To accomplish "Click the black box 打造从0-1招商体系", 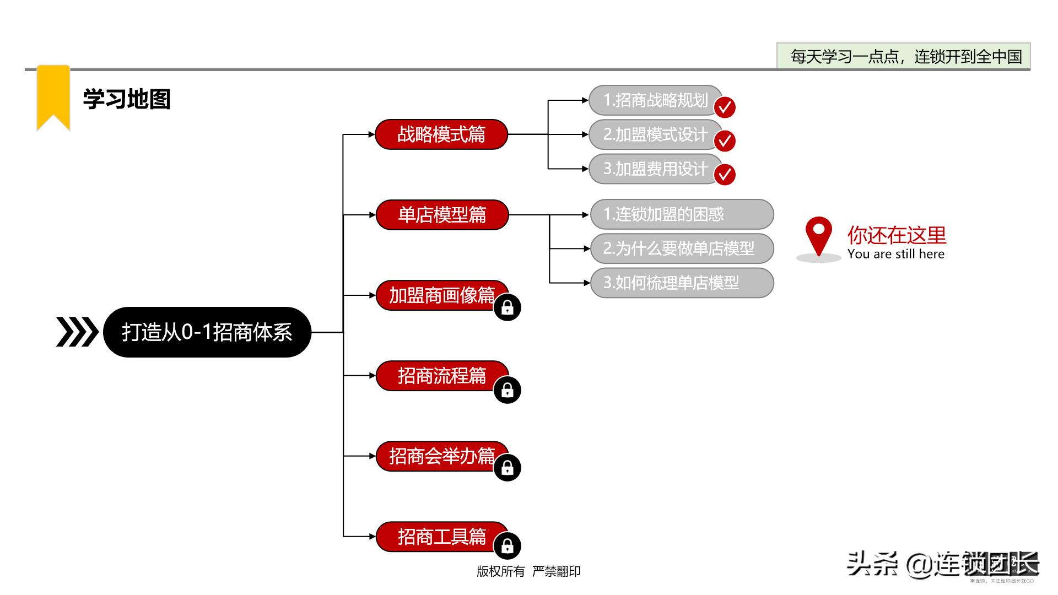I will [207, 332].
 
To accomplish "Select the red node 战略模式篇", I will [441, 134].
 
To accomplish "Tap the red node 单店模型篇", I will [442, 215].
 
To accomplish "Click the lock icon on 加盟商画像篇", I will [507, 307].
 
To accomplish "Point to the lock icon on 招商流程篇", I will [507, 390].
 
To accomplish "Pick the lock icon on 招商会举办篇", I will [507, 468].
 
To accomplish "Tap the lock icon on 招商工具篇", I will [507, 546].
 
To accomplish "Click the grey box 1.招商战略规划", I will [655, 100].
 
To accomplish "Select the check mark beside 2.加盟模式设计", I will [725, 140].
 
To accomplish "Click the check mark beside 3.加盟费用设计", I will [725, 174].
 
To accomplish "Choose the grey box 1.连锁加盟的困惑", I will [682, 214].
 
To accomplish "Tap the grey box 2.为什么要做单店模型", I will [682, 248].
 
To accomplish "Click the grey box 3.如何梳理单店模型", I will [682, 283].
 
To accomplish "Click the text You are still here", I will [895, 254].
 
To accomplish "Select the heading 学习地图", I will [127, 100].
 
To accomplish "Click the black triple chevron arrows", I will [77, 332].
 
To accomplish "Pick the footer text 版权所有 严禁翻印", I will [528, 571].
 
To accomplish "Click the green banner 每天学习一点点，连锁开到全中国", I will [903, 56].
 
